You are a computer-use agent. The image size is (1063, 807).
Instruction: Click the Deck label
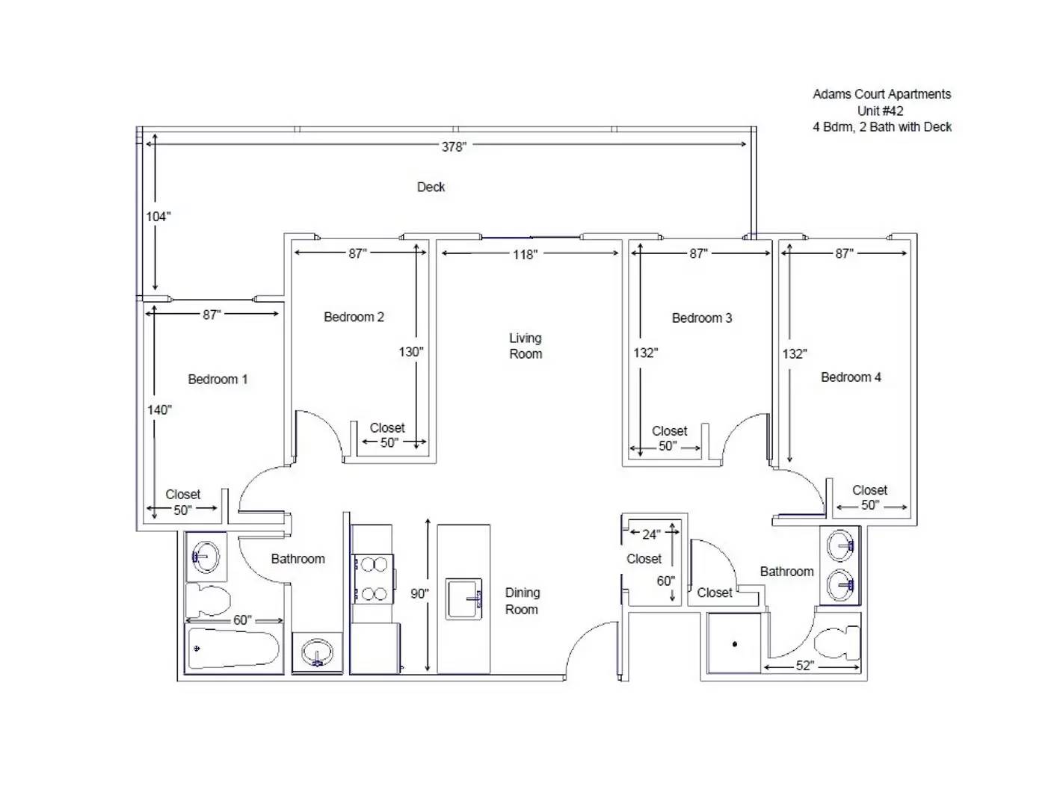[431, 187]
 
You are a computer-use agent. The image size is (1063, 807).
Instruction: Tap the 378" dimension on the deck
[453, 146]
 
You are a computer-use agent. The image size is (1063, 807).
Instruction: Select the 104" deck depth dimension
[158, 217]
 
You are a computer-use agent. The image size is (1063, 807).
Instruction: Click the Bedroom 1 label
[218, 379]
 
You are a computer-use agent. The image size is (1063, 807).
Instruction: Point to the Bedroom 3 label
[702, 318]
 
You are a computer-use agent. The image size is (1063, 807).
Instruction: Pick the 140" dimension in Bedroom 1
[159, 410]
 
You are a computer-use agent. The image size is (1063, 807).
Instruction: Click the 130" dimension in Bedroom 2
[410, 352]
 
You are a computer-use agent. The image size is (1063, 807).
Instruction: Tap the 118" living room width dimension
[525, 254]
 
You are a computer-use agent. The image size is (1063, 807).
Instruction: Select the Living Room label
[526, 346]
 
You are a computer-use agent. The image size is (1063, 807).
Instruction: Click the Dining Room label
[522, 601]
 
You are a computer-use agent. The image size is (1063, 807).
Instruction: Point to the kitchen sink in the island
[463, 599]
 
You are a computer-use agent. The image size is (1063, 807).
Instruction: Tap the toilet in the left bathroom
[208, 599]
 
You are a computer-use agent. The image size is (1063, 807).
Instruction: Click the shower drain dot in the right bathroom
[735, 644]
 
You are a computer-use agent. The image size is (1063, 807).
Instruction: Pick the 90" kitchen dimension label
[419, 593]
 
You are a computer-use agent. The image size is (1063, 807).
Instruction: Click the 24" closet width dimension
[651, 534]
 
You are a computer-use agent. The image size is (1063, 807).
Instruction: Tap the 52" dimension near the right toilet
[804, 666]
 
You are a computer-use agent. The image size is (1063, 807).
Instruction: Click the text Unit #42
[880, 111]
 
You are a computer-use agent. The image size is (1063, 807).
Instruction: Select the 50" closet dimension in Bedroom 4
[870, 505]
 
